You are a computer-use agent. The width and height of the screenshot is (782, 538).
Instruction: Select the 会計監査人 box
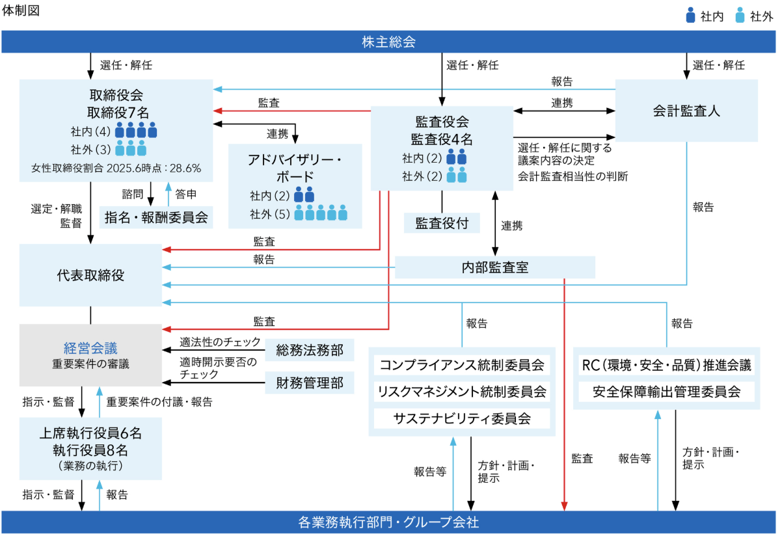click(x=686, y=111)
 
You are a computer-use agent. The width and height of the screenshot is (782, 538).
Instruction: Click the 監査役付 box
click(x=442, y=223)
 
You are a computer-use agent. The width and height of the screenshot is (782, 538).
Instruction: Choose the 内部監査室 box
click(x=495, y=267)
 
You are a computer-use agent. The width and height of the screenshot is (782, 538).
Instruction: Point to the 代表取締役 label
click(x=90, y=275)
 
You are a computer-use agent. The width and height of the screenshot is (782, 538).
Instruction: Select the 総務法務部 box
click(x=309, y=350)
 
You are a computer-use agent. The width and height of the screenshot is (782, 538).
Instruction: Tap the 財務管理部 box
click(x=309, y=383)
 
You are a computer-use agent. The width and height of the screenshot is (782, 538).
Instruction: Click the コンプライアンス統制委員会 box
click(x=461, y=364)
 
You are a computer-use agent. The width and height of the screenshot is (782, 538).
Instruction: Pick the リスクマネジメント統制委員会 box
click(x=461, y=391)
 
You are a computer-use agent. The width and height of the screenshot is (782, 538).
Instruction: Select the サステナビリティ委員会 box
click(x=461, y=418)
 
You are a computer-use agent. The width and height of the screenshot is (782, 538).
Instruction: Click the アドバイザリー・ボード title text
click(x=295, y=168)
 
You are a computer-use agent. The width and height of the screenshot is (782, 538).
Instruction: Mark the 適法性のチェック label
click(x=221, y=343)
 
